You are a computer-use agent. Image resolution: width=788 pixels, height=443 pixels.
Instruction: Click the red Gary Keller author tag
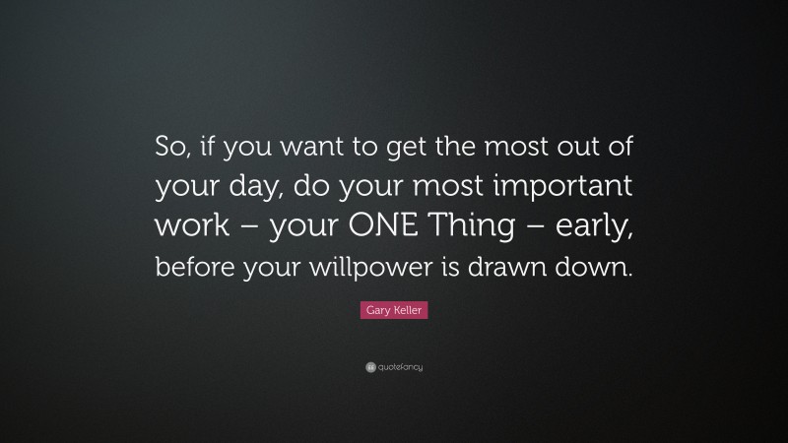coord(393,310)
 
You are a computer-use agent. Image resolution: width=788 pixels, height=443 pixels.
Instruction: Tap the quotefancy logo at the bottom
coord(393,367)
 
